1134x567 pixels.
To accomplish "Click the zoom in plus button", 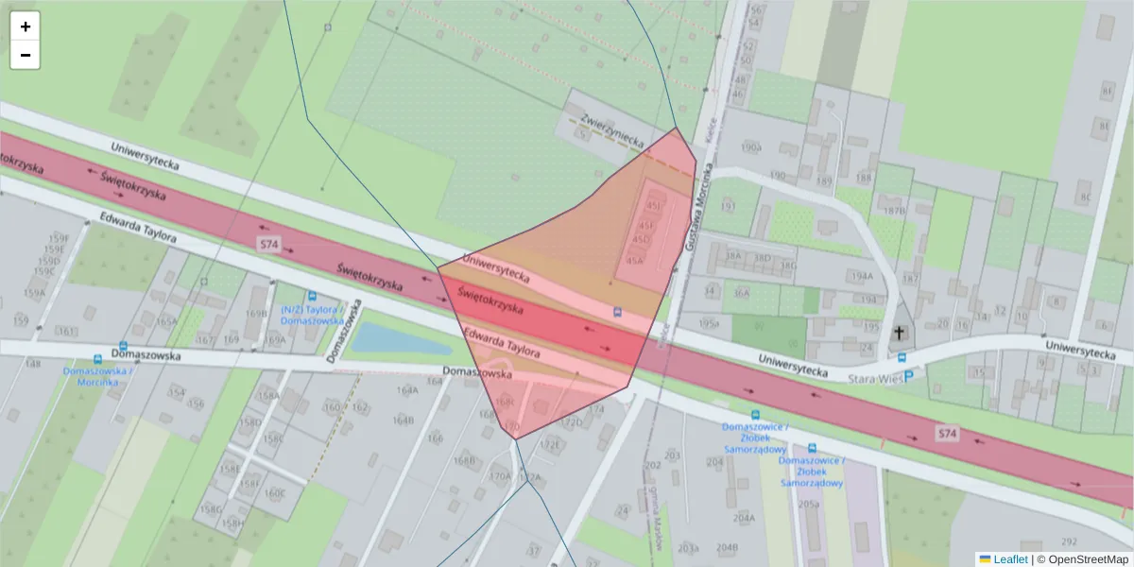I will click(26, 26).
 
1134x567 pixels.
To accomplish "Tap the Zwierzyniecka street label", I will click(613, 130).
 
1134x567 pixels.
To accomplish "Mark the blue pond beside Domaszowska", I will click(391, 338).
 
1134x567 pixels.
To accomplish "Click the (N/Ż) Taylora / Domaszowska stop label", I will click(312, 315).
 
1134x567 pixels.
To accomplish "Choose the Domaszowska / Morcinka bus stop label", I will click(97, 376).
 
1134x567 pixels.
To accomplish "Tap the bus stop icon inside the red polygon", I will click(618, 311).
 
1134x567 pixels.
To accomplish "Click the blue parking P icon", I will click(909, 375).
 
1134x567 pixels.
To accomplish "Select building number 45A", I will click(635, 260).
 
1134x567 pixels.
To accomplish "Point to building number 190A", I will click(751, 148).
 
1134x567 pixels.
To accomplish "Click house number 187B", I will click(894, 211).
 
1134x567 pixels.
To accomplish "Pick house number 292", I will click(1069, 541).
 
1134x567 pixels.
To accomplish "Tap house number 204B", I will click(727, 547).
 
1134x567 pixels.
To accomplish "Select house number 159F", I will click(60, 238).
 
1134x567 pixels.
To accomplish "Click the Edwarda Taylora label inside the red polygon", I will click(502, 342).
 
